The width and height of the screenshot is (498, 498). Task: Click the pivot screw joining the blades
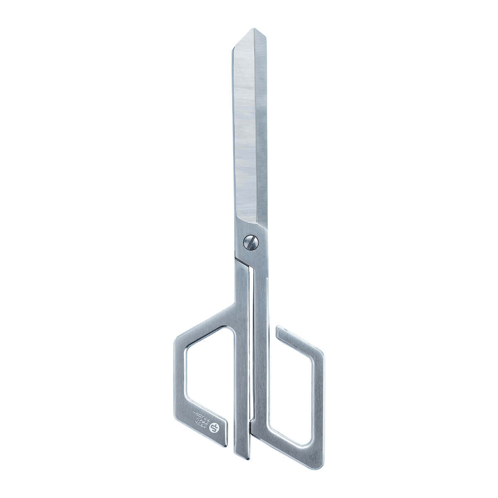click(250, 242)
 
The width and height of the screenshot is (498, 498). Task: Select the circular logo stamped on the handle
click(215, 426)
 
